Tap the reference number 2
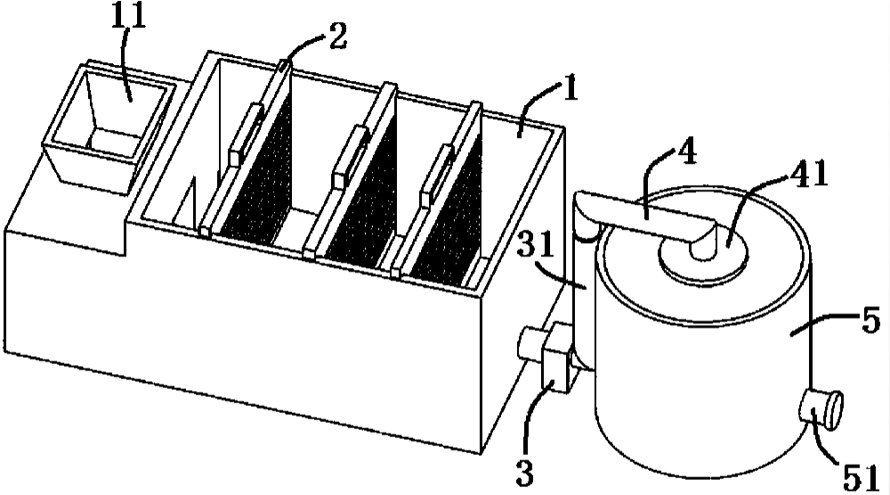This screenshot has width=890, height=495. coord(337,37)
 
